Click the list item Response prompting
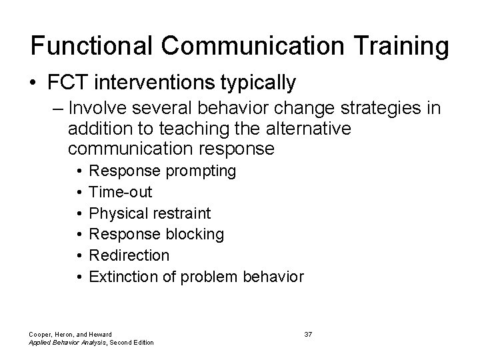pyautogui.click(x=163, y=171)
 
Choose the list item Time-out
pyautogui.click(x=121, y=192)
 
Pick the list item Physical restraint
pyautogui.click(x=150, y=213)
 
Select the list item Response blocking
pyautogui.click(x=157, y=234)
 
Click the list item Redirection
pyautogui.click(x=129, y=255)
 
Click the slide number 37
pyautogui.click(x=308, y=333)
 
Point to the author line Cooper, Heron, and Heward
pyautogui.click(x=71, y=333)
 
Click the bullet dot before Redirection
pyautogui.click(x=79, y=255)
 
